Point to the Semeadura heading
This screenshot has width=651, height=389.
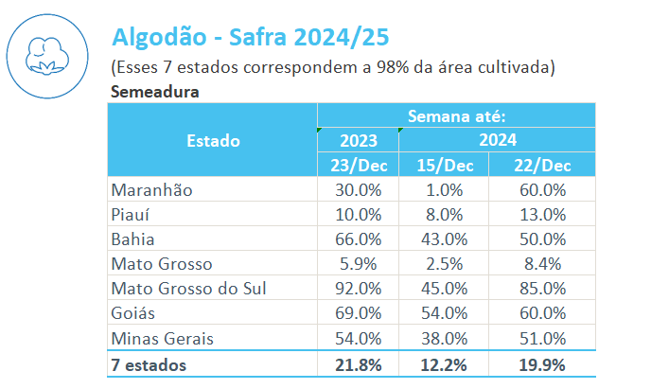(x=154, y=92)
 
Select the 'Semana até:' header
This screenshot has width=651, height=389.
(x=456, y=116)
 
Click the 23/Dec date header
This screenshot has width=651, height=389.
(x=358, y=165)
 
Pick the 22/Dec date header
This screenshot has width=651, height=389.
(x=542, y=165)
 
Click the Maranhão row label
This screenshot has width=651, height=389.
(x=151, y=189)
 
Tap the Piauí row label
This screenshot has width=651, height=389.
(x=132, y=214)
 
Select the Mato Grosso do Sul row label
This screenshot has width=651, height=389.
(x=188, y=288)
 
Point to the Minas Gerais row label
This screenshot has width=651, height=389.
(x=162, y=338)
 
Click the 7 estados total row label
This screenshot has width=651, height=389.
(x=150, y=364)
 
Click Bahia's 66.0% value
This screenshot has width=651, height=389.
(x=358, y=239)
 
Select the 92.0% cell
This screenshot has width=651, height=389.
(x=358, y=288)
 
